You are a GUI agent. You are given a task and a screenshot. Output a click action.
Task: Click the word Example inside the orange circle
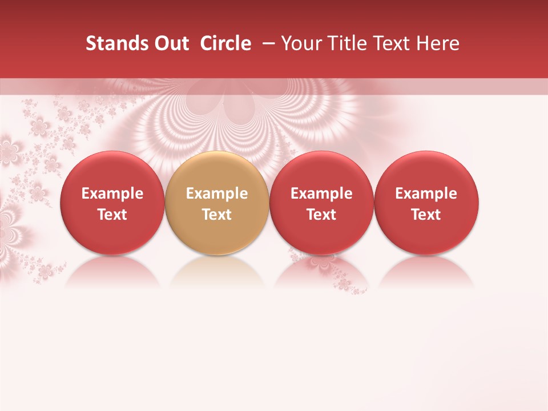217,194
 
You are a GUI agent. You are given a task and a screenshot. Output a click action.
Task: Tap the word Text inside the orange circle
217,215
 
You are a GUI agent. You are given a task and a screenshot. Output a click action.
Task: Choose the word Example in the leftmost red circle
112,194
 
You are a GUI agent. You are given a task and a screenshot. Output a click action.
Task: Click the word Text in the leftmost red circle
112,215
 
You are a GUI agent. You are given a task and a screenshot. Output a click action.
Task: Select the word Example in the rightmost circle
426,194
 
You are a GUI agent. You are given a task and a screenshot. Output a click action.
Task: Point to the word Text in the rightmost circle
426,215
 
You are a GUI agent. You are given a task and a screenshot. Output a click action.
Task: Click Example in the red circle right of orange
321,194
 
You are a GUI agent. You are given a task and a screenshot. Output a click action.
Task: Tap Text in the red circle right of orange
321,215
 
